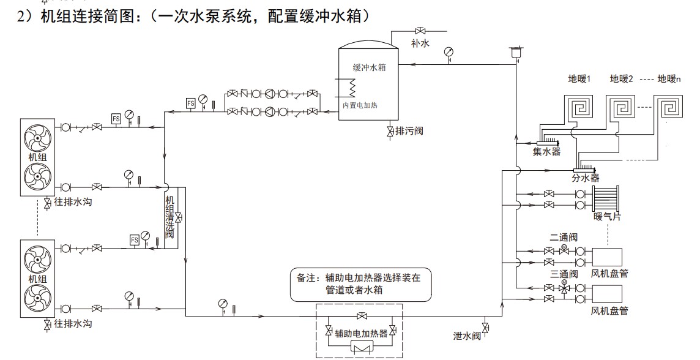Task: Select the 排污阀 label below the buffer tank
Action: pos(409,131)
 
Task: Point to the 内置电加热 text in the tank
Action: pos(360,105)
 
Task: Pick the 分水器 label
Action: pos(585,178)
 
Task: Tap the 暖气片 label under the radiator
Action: pos(606,216)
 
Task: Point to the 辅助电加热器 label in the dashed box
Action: pos(361,334)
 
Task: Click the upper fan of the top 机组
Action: pos(37,140)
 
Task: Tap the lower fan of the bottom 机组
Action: pos(37,299)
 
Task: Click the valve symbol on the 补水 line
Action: pos(420,31)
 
